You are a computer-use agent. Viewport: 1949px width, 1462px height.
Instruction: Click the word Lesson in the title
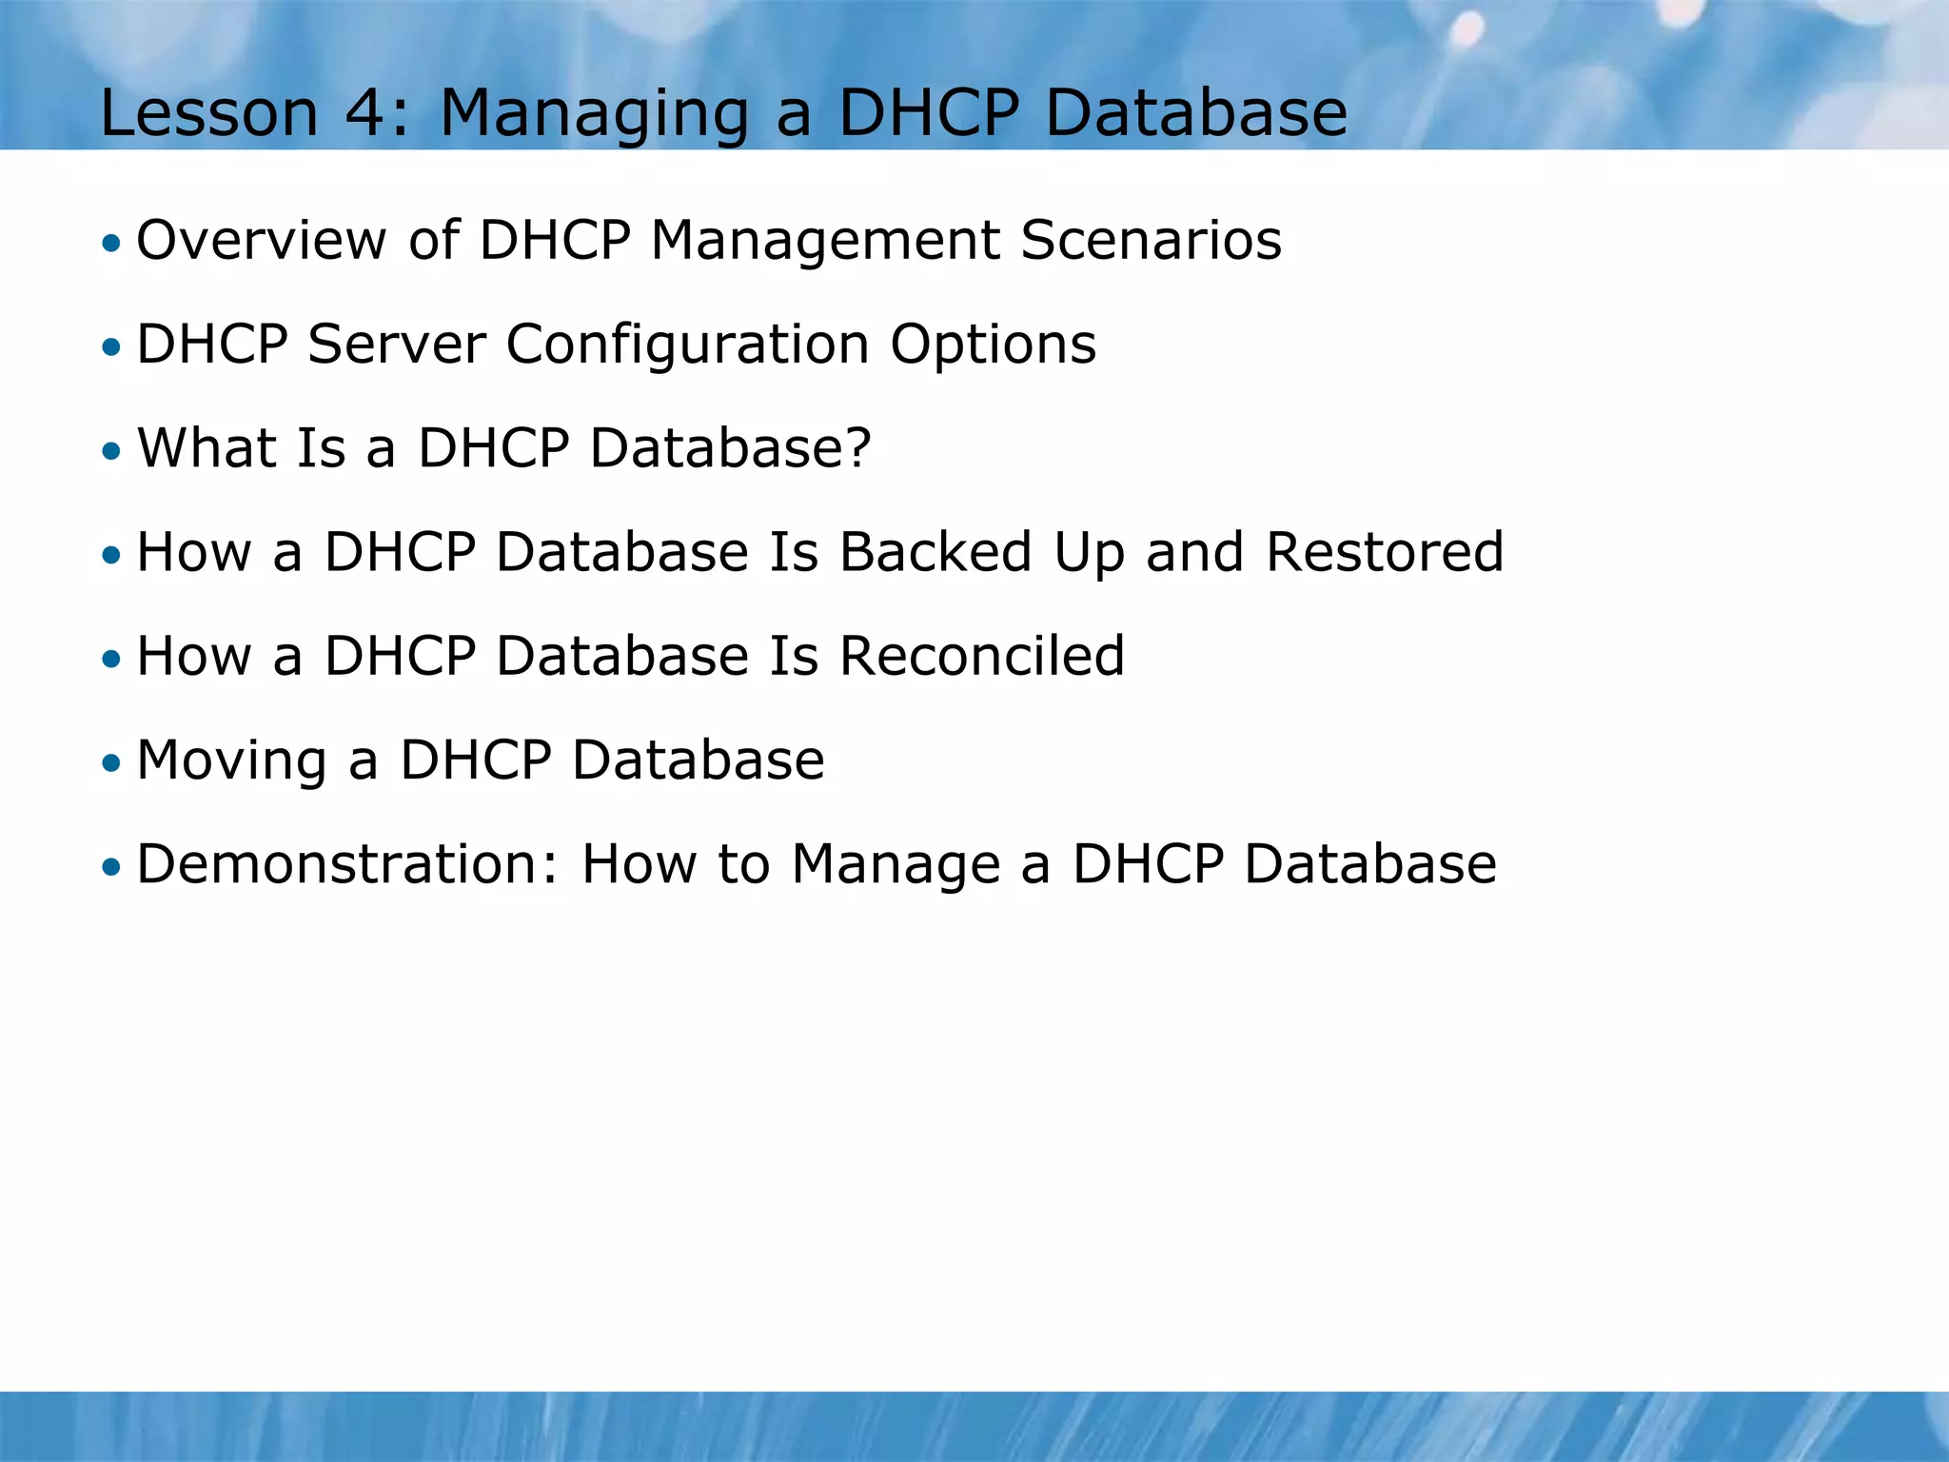208,113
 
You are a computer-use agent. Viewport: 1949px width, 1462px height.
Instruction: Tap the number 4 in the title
363,113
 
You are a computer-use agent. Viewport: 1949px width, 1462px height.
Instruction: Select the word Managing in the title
594,115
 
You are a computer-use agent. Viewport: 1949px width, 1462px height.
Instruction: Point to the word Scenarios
1151,240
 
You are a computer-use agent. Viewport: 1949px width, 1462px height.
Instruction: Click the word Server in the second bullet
396,344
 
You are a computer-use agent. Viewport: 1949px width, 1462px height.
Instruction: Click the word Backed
935,552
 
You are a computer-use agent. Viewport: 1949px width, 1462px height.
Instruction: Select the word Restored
1385,552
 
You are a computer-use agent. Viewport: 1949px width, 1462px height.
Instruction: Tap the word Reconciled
981,656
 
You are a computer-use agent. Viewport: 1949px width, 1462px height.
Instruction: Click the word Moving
231,762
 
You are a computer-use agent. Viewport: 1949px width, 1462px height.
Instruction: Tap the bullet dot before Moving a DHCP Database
112,762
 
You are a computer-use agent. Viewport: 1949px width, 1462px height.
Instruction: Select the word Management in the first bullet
824,242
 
